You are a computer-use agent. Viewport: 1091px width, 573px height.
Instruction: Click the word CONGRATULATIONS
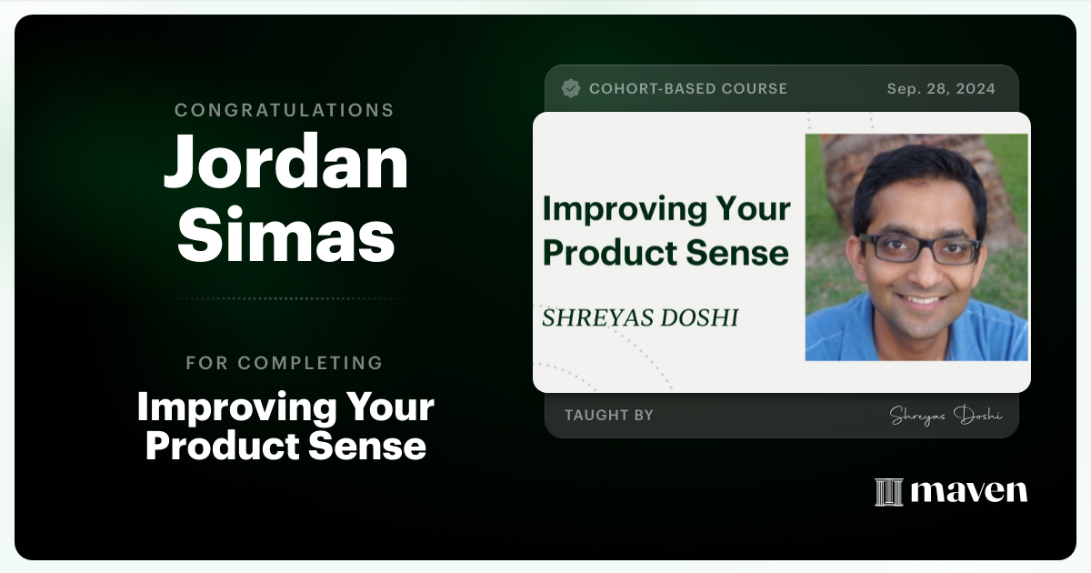pos(284,110)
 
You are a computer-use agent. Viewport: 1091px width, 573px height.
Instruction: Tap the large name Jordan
pos(285,161)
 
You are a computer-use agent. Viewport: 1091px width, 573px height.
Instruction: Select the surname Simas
pos(285,236)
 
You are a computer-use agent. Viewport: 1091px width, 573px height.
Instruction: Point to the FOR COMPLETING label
pos(284,363)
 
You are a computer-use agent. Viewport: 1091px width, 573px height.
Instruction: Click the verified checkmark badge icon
pos(571,89)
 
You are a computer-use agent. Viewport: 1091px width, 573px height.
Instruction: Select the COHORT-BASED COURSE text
pos(688,89)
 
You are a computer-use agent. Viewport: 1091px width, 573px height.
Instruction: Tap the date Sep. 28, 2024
pos(941,89)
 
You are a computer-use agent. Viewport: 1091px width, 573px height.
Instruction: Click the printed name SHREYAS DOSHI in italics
pos(640,317)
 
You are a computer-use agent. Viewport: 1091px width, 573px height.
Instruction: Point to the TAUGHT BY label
pos(609,415)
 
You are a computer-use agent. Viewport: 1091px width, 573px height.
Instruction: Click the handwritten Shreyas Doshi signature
pos(946,416)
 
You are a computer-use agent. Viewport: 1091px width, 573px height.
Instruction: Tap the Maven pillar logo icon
pos(889,492)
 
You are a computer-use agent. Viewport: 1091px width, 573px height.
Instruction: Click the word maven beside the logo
pos(969,491)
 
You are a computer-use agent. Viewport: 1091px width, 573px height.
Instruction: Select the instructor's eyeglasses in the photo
pos(919,249)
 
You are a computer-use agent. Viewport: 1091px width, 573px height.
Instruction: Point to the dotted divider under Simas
pos(285,298)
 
